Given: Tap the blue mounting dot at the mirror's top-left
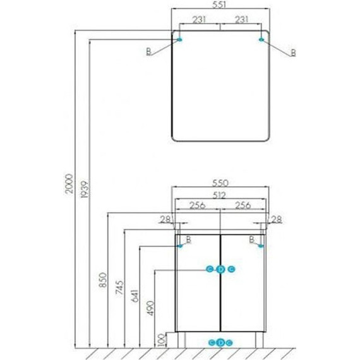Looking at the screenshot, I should [x=180, y=40].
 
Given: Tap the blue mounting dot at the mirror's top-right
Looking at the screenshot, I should [x=261, y=40].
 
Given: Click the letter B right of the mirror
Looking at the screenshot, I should [x=293, y=52].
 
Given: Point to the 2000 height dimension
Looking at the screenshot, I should [x=71, y=183].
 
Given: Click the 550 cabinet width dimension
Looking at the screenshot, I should [x=220, y=183].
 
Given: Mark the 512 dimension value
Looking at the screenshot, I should [x=220, y=195].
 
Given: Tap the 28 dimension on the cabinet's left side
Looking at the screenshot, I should [x=166, y=219].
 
